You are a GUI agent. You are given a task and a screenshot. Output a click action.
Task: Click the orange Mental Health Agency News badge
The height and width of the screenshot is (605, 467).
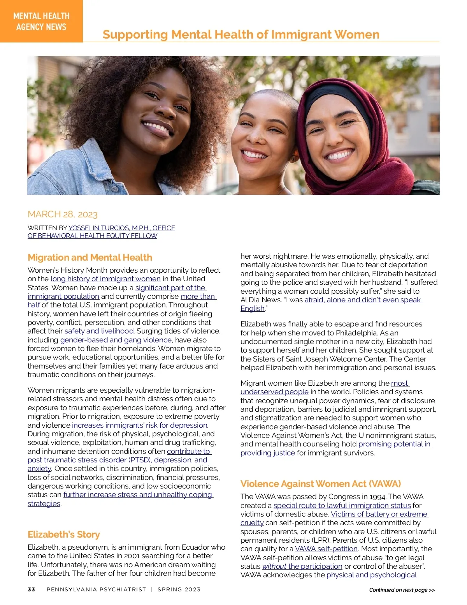pos(41,21)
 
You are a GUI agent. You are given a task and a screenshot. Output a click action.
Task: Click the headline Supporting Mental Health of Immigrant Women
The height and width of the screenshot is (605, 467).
pos(241,35)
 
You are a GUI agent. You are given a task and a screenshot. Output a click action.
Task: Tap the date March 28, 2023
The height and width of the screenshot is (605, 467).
pos(63,214)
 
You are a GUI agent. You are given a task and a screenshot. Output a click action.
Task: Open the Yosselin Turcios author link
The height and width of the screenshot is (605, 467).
pos(121,228)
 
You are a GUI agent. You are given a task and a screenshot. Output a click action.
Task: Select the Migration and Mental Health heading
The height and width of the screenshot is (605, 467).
pos(90,258)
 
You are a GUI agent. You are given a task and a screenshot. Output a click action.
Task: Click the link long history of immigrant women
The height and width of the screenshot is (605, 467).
pos(105,279)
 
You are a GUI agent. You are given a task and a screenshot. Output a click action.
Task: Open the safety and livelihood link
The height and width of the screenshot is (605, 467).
pos(99,331)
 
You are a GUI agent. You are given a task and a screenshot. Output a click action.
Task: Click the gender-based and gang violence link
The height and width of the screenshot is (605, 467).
pos(116,340)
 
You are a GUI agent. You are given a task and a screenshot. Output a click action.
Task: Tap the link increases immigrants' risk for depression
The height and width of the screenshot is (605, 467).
pos(139,425)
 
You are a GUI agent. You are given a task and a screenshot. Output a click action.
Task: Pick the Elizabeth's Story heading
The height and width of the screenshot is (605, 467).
pos(64,534)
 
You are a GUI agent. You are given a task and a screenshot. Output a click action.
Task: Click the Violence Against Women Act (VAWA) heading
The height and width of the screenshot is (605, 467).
pos(320,484)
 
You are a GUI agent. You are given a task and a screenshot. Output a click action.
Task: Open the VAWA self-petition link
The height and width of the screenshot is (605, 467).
pos(326,549)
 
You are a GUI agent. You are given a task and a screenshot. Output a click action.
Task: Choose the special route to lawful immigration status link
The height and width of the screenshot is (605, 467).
pos(342,505)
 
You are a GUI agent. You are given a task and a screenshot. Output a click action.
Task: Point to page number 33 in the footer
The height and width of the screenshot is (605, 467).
pos(32,589)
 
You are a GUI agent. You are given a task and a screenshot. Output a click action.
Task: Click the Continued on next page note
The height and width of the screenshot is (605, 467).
pos(402,590)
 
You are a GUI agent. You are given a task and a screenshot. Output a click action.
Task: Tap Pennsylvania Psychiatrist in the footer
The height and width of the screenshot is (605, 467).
pos(96,589)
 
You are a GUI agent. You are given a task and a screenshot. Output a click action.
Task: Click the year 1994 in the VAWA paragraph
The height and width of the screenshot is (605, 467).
pos(377,497)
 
